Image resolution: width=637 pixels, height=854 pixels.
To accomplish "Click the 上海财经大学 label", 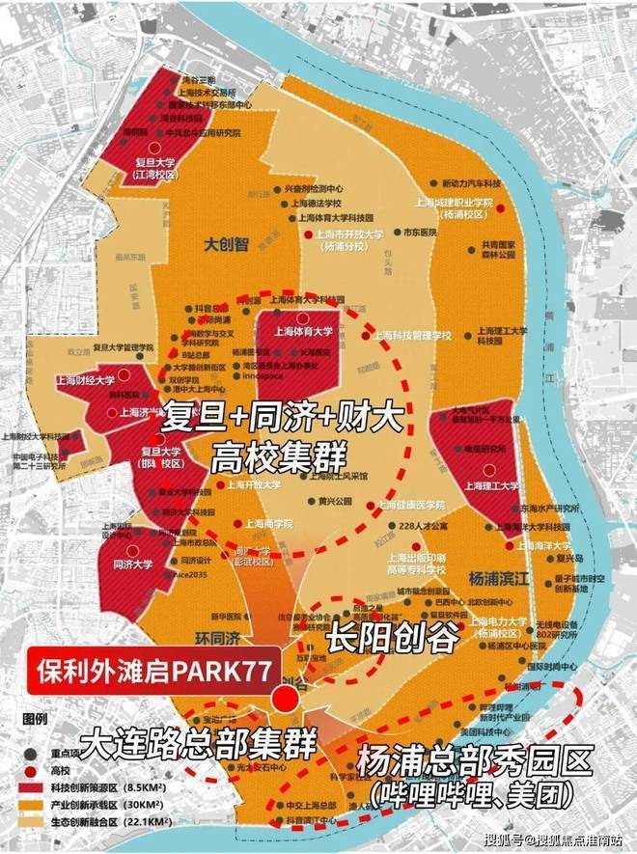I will [x=86, y=381].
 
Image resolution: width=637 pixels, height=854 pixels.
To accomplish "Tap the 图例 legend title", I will [x=35, y=720].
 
